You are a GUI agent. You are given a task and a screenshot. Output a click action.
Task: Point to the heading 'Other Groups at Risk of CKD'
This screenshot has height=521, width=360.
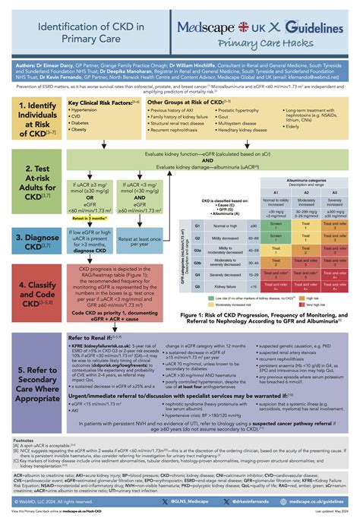(x=191, y=101)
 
